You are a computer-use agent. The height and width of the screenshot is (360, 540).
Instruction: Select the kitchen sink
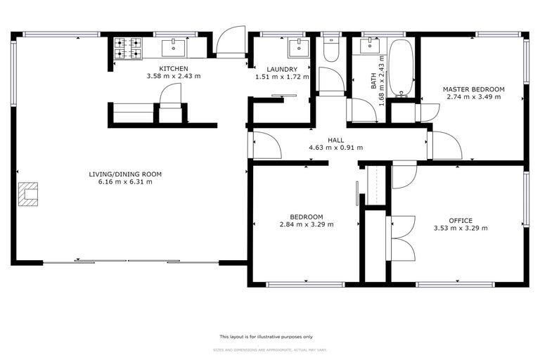pos(173,48)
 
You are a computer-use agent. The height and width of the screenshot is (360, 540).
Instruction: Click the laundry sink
pos(298,48)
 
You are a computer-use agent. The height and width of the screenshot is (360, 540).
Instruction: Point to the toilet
pos(331,49)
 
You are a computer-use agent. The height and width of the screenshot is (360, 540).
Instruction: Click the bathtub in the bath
pos(401,67)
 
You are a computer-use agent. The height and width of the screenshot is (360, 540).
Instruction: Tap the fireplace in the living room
pos(29,193)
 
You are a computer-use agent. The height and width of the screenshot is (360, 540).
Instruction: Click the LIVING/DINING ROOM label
pos(125,174)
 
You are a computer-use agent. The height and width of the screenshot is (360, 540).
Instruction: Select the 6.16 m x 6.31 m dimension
pos(125,181)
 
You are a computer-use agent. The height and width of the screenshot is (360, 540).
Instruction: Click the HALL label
pos(336,140)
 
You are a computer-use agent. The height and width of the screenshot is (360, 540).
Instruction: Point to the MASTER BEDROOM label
pos(473,89)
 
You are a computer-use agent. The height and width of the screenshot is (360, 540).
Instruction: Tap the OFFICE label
pos(461,220)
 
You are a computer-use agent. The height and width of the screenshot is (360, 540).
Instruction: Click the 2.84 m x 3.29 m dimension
pos(307,224)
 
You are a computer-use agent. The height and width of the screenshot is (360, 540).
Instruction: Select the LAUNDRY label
pos(273,68)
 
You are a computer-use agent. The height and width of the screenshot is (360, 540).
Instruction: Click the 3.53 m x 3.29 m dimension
pos(461,228)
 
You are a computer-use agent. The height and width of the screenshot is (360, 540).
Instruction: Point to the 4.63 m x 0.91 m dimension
pos(336,148)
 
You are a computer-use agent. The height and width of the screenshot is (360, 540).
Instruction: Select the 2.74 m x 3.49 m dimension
pos(473,97)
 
